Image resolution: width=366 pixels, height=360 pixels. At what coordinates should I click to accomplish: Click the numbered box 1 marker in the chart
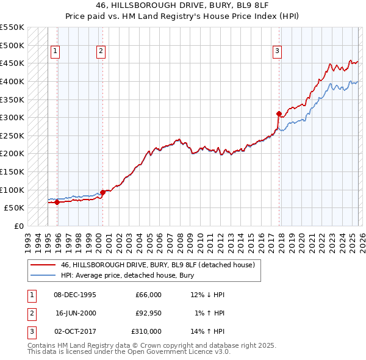(56, 52)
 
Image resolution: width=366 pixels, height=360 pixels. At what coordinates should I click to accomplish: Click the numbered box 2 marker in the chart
(101, 52)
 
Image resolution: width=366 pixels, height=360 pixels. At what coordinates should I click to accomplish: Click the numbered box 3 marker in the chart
(277, 52)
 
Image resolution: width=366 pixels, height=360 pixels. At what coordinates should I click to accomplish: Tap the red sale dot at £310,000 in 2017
(279, 113)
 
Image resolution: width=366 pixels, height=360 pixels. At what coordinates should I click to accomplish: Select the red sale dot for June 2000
(102, 192)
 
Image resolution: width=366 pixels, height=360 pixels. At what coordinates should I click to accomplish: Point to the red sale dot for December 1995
(57, 202)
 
